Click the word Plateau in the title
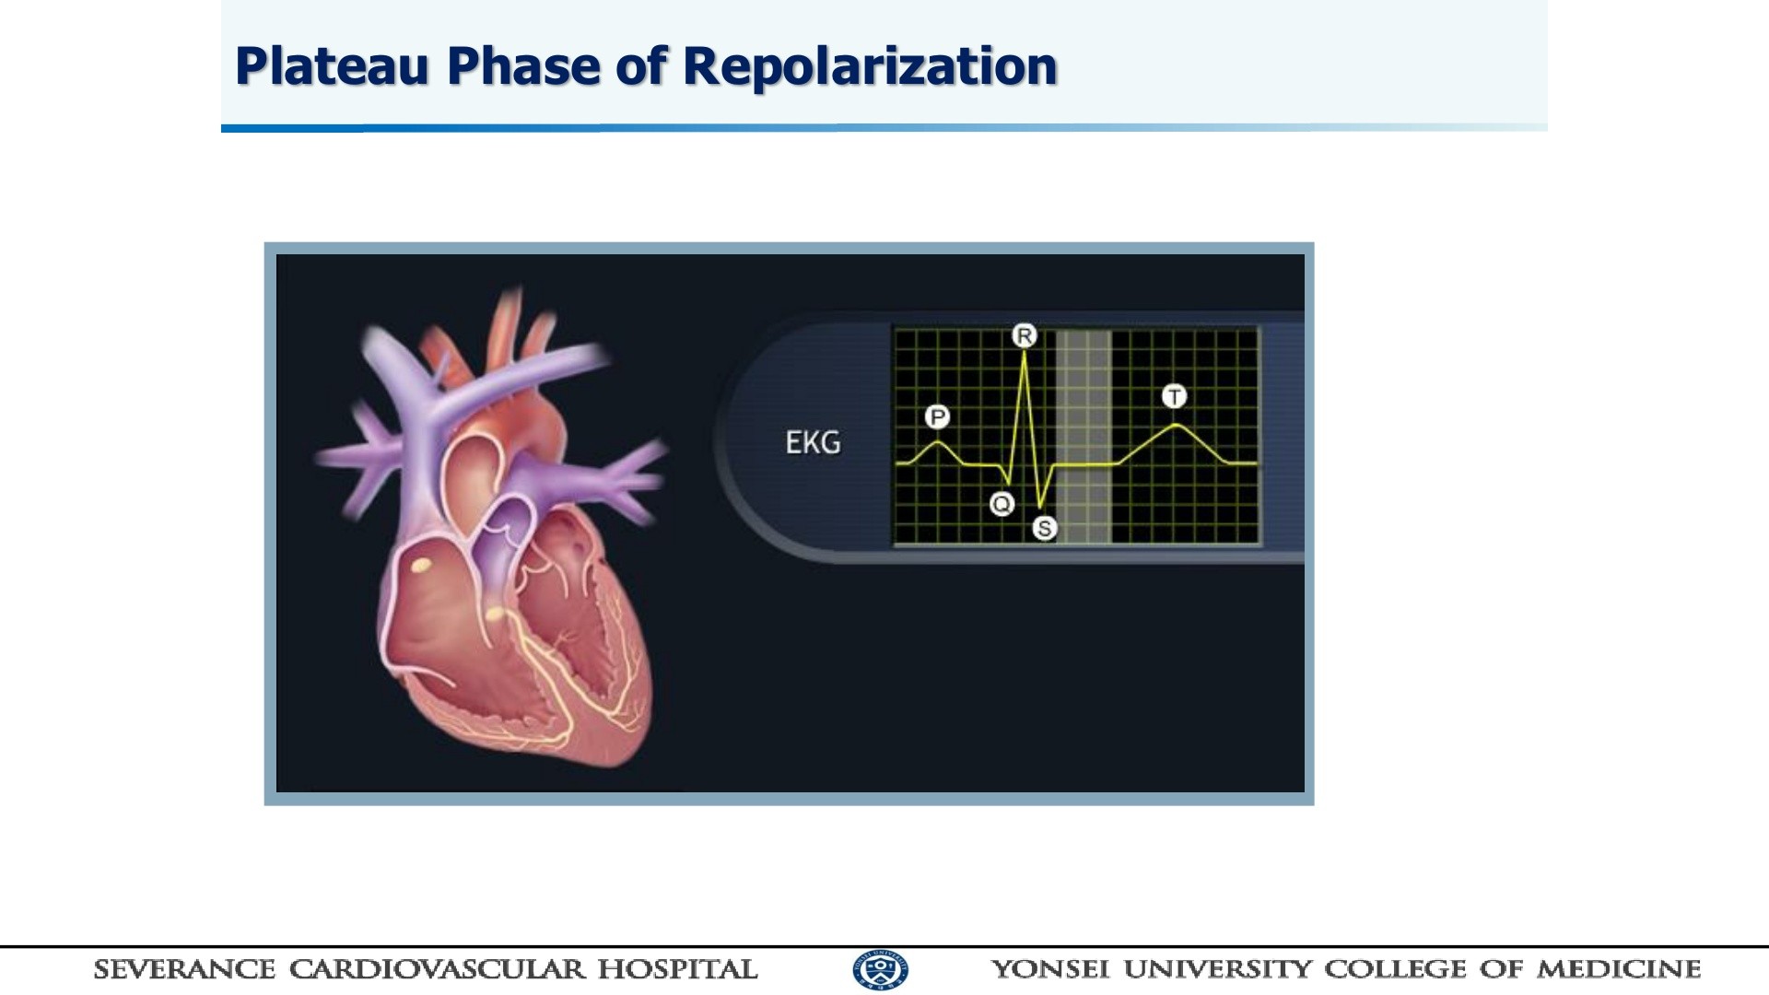332,66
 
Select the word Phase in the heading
523,66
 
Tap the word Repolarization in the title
870,66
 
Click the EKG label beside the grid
813,443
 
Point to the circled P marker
937,417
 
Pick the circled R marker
1024,335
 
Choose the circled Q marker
1002,504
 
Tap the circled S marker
1044,528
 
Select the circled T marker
1174,396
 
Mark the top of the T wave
1176,425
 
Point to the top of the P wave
938,442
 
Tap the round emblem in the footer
880,969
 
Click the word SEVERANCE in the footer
184,969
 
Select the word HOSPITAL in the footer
677,969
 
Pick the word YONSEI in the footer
1050,969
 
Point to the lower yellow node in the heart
496,614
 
